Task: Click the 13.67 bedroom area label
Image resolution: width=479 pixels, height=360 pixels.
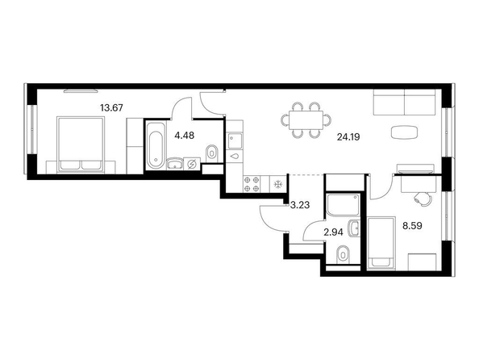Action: [111, 107]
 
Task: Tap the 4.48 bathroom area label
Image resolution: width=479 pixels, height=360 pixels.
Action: [184, 135]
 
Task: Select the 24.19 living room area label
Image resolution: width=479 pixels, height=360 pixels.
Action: [348, 137]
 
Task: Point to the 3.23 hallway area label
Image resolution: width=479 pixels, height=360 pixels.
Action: [300, 205]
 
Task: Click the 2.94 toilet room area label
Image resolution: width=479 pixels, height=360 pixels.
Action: [333, 232]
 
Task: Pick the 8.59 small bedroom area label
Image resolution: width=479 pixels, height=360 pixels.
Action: [412, 226]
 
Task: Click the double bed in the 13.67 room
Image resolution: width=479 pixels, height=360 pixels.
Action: [81, 144]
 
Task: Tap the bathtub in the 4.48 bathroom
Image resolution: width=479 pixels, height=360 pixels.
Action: [156, 145]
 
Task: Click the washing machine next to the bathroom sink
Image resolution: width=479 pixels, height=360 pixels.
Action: [192, 164]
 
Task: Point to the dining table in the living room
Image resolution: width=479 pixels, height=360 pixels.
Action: [306, 119]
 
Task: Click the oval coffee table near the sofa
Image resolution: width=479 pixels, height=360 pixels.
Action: [404, 132]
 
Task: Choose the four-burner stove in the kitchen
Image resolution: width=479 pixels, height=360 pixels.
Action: [252, 184]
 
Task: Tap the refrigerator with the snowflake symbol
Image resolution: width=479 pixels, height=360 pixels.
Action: [278, 184]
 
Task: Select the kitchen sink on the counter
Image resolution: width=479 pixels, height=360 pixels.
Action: [235, 140]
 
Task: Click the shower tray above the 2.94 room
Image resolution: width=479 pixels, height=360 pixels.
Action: [343, 205]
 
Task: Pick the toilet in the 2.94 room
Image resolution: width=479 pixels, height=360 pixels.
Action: [343, 254]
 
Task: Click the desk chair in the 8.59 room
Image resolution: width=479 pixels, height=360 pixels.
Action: [423, 199]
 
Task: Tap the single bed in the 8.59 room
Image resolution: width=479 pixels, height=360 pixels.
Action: [381, 244]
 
